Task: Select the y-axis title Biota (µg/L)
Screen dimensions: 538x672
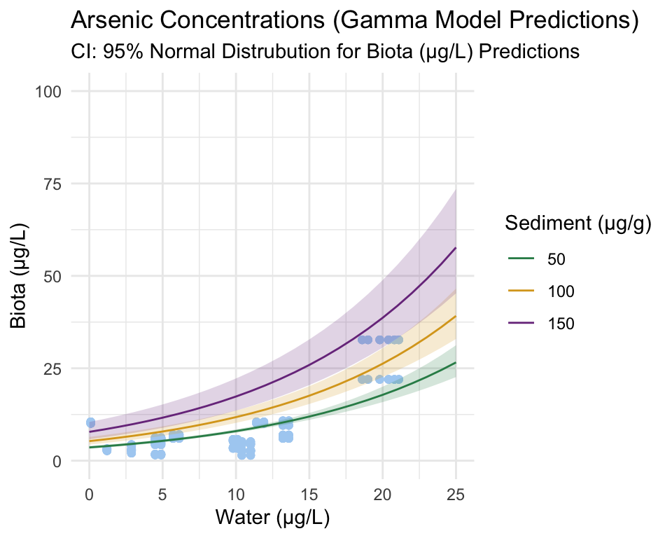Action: point(20,276)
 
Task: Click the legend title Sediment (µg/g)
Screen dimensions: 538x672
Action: point(578,224)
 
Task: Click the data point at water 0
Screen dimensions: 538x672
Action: point(90,422)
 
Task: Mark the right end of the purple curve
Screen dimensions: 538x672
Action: point(456,248)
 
